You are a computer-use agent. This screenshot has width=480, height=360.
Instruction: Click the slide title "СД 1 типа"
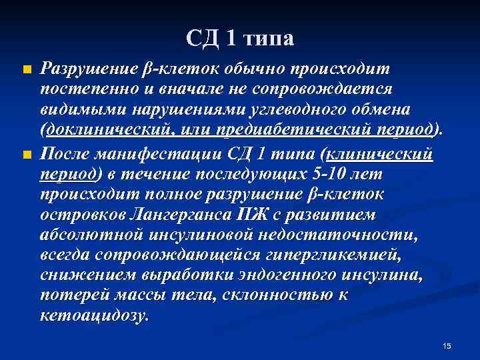tap(239, 39)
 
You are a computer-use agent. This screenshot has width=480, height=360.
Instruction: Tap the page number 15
tap(447, 345)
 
